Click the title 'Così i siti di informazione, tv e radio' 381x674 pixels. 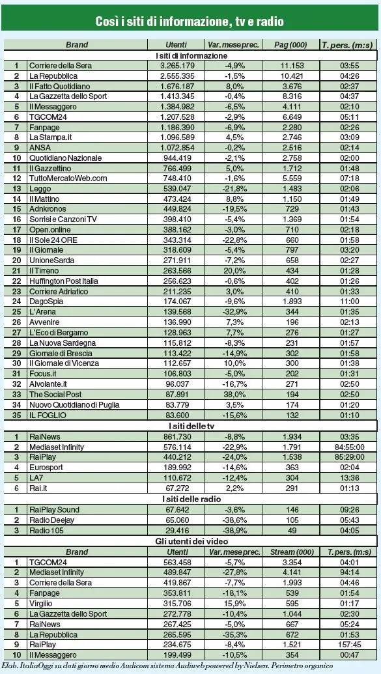pos(190,21)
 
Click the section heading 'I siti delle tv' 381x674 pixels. pos(190,425)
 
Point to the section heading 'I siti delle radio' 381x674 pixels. pos(190,499)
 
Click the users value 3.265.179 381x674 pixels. pos(168,66)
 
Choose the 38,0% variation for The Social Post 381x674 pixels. pos(233,395)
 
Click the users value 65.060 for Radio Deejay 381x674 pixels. pos(168,520)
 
